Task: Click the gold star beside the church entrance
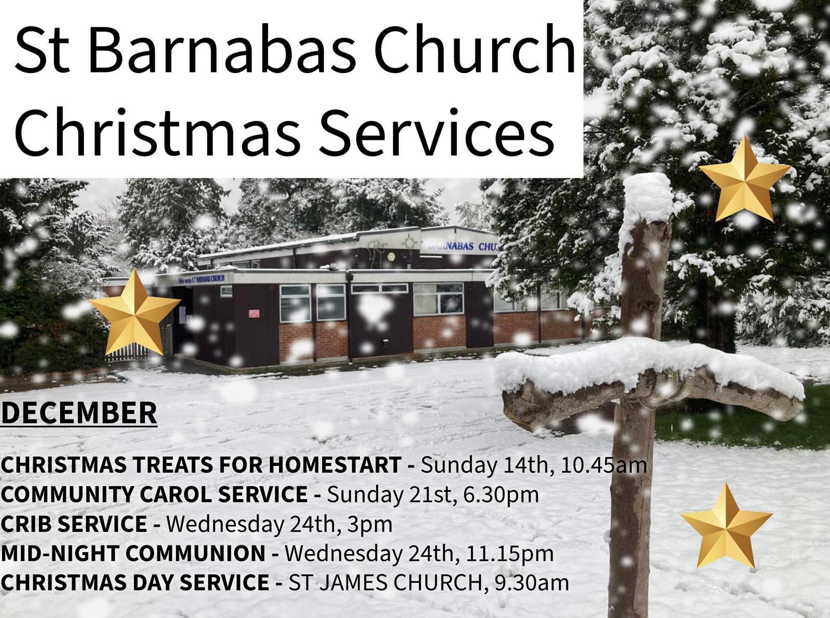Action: (135, 313)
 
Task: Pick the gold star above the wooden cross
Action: (745, 180)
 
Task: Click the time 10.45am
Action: (604, 465)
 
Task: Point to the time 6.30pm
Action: (501, 495)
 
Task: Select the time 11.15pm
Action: (510, 554)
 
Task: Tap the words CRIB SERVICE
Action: (74, 524)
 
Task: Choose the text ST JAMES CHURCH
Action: (385, 583)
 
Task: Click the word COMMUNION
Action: (196, 554)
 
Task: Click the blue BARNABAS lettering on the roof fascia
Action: (451, 246)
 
